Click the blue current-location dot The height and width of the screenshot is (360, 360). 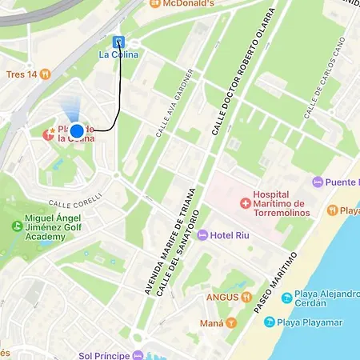pyautogui.click(x=77, y=131)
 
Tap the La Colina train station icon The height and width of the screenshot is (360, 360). pyautogui.click(x=118, y=42)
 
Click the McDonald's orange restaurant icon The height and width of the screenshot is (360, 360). pyautogui.click(x=150, y=3)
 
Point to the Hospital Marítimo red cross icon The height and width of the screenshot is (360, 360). pyautogui.click(x=244, y=204)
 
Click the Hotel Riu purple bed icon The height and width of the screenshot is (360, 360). pyautogui.click(x=202, y=235)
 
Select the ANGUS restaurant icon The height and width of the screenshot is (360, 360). pyautogui.click(x=246, y=297)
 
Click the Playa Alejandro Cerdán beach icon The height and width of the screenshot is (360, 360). pyautogui.click(x=286, y=298)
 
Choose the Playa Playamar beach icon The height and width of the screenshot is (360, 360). pyautogui.click(x=270, y=322)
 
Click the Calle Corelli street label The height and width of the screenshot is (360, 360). pyautogui.click(x=75, y=198)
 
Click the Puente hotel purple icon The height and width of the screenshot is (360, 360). pyautogui.click(x=317, y=182)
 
